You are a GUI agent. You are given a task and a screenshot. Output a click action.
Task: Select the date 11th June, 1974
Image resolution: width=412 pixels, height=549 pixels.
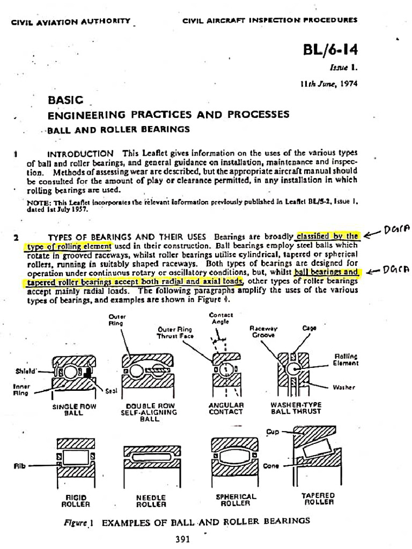click(328, 84)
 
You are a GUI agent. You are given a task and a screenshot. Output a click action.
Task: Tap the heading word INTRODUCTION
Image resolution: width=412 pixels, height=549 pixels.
click(80, 153)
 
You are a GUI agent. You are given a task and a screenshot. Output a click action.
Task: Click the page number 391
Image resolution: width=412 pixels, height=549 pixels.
click(183, 539)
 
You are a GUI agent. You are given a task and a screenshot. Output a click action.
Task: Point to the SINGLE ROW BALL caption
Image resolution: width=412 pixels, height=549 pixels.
click(73, 409)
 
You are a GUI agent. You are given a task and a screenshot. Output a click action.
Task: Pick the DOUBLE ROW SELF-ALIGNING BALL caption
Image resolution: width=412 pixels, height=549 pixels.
click(149, 412)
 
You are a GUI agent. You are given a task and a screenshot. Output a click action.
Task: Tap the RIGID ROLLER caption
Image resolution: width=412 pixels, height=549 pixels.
click(76, 501)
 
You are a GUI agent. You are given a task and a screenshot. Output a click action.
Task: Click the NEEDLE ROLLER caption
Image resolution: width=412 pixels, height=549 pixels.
click(151, 501)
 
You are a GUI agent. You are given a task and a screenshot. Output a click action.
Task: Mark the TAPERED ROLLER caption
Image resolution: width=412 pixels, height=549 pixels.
click(319, 499)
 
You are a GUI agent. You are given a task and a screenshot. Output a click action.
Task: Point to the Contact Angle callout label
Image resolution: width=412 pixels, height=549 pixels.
click(220, 318)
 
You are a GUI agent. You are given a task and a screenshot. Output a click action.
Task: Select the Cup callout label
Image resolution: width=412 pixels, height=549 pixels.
click(273, 431)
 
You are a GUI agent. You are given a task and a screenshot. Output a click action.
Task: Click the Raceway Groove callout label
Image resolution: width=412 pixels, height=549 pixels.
click(263, 331)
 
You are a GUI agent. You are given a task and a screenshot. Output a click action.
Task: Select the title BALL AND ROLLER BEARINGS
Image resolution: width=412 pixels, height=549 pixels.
click(118, 129)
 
